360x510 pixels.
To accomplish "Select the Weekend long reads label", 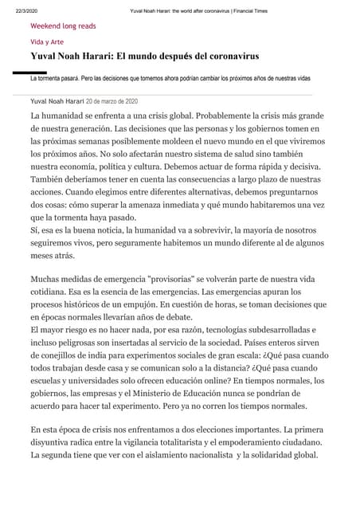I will tap(63, 25).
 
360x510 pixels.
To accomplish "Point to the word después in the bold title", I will tap(163, 57).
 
